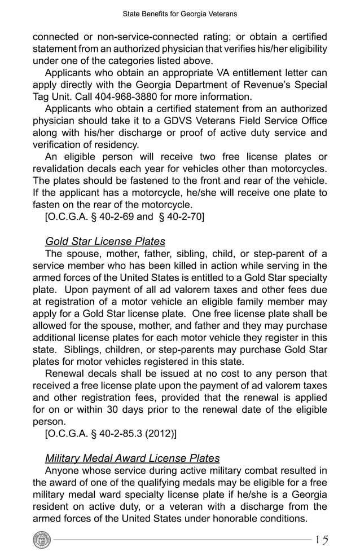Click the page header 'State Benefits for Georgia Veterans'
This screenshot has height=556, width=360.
pos(180,13)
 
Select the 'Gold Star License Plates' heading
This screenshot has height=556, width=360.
pos(105,242)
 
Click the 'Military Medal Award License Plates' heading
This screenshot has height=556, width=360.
pos(132,458)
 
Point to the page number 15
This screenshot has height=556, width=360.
pos(322,540)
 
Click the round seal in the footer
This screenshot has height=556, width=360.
pos(42,540)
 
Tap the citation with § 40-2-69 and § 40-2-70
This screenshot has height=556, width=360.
pos(124,216)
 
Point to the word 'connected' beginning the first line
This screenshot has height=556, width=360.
pos(56,37)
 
